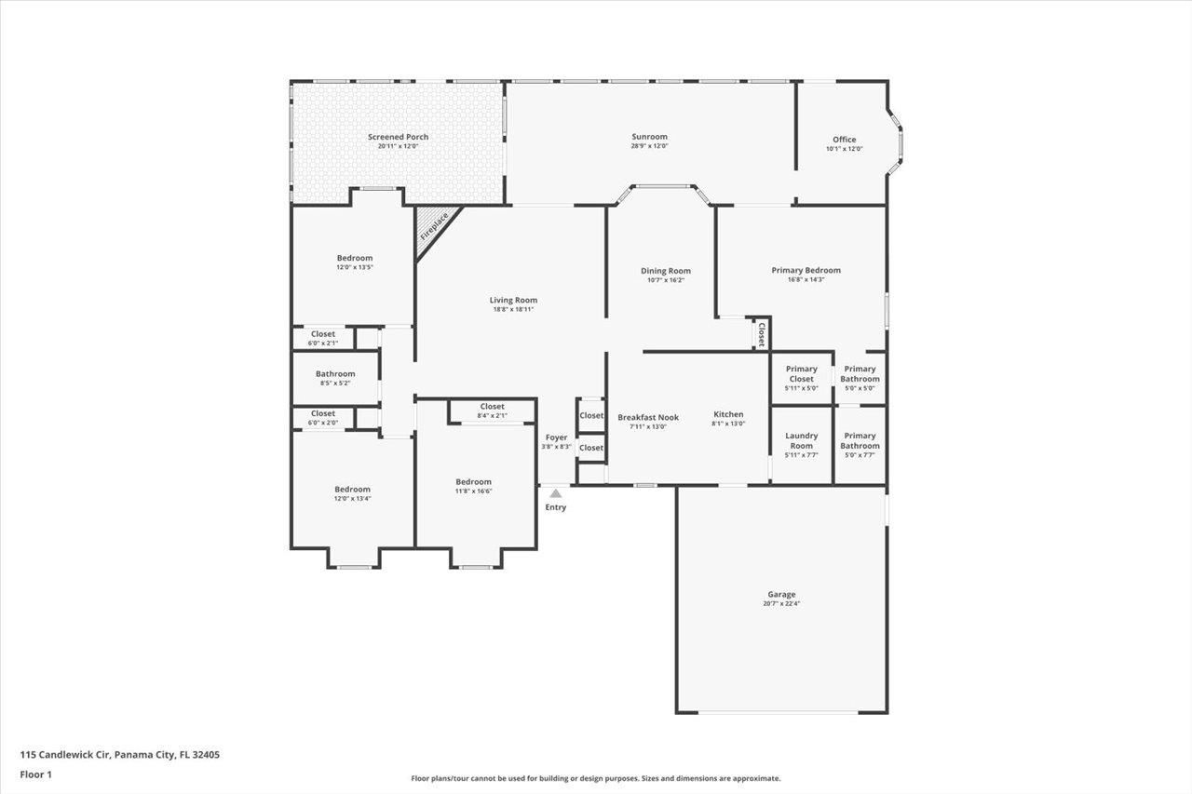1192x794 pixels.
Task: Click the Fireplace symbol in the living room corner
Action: (433, 227)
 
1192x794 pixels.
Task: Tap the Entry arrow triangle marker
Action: (556, 493)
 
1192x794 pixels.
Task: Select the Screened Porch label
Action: (398, 137)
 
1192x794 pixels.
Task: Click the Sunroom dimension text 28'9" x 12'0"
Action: (649, 146)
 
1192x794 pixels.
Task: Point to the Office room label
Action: (844, 140)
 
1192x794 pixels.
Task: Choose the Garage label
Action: (781, 594)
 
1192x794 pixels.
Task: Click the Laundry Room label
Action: (801, 440)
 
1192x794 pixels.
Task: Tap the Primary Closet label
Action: (801, 373)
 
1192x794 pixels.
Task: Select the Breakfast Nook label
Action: (648, 417)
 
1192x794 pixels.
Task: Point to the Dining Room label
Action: (666, 271)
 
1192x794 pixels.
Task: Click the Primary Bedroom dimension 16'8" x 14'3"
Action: (806, 280)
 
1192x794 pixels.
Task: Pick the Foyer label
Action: (556, 437)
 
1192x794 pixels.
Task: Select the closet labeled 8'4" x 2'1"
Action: (492, 406)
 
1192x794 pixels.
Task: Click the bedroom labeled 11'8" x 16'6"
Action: (473, 481)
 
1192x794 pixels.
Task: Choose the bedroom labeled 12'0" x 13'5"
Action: (354, 258)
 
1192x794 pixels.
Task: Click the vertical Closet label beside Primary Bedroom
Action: (761, 333)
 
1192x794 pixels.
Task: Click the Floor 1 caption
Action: (36, 774)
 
